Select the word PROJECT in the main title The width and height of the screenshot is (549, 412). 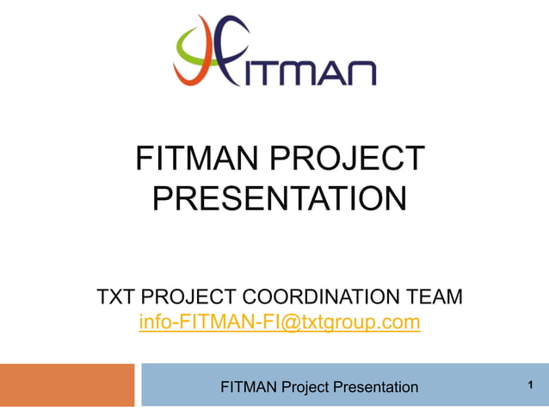(353, 159)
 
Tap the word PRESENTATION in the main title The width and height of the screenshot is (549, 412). (279, 199)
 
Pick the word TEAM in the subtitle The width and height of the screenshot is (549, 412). (435, 297)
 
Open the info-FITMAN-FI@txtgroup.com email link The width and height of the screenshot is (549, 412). (279, 323)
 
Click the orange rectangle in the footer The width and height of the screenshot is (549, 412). (67, 385)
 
